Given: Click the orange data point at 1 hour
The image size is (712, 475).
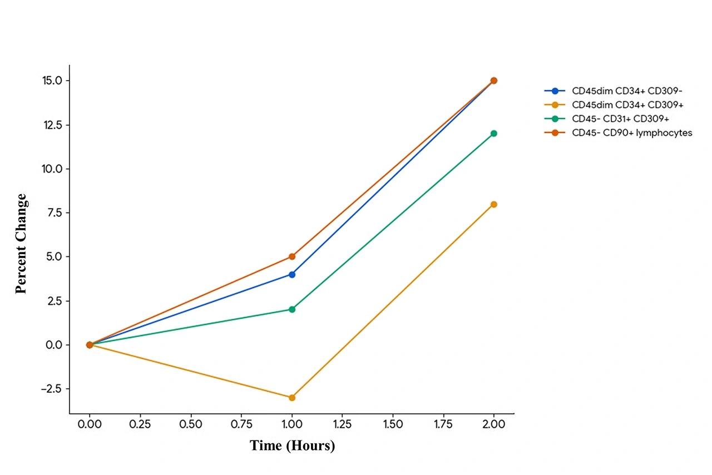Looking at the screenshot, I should click(292, 398).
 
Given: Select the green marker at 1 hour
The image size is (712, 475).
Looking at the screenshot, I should click(292, 309).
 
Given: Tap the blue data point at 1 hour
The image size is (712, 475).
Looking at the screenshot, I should click(292, 274).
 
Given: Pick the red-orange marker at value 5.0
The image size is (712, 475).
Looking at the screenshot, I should click(292, 256).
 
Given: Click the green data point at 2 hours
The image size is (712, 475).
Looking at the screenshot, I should click(493, 133).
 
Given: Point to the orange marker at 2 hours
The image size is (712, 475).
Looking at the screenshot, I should click(493, 204).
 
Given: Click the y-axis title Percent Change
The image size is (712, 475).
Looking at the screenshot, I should click(21, 244).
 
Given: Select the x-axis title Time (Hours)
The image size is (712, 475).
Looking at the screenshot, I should click(292, 446).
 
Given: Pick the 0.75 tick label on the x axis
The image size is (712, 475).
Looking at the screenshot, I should click(241, 424).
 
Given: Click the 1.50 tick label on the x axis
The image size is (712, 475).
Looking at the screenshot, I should click(393, 424).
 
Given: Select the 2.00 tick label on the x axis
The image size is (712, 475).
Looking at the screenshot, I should click(493, 424).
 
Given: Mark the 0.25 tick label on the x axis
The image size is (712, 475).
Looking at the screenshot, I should click(140, 424).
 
